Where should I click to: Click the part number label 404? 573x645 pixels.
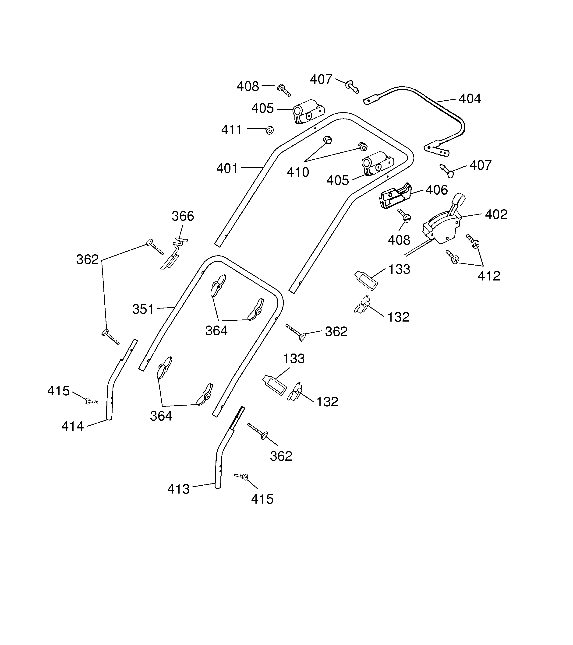tap(470, 99)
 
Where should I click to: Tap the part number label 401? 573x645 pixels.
tap(227, 168)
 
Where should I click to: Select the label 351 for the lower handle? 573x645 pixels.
tap(143, 309)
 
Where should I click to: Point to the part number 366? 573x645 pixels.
tap(183, 216)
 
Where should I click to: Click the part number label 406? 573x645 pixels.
tap(437, 190)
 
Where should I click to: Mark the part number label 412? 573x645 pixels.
tap(489, 276)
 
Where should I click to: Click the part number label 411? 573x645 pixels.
tap(231, 130)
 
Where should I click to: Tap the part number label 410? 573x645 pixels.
tap(298, 172)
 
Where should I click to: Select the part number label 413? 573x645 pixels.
tap(178, 489)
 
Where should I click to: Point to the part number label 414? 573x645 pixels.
tap(73, 426)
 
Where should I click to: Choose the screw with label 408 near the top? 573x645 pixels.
tap(284, 90)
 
